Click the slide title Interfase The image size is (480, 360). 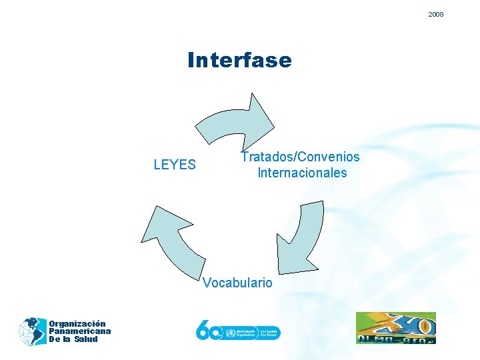pos(239,61)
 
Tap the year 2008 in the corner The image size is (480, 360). pos(436,14)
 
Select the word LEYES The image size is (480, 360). pos(175,165)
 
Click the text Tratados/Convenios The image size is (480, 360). pos(300,157)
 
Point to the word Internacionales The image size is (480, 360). pos(302,173)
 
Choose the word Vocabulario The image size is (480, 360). pos(237,283)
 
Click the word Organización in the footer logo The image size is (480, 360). pos(77,324)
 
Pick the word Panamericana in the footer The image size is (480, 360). pos(79,331)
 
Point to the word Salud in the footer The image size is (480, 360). pos(86,339)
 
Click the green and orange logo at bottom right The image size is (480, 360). pos(395,328)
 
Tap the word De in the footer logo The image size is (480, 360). pos(54,339)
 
